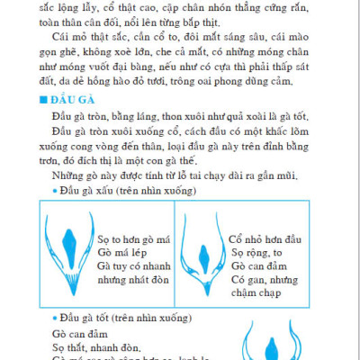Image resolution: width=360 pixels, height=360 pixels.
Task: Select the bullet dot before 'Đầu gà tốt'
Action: point(55,320)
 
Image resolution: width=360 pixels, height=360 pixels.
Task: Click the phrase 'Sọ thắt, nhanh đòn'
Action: point(89,349)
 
